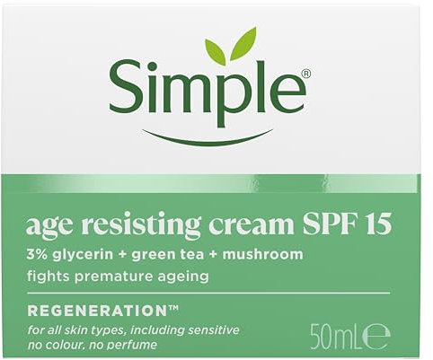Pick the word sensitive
tap(211, 330)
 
